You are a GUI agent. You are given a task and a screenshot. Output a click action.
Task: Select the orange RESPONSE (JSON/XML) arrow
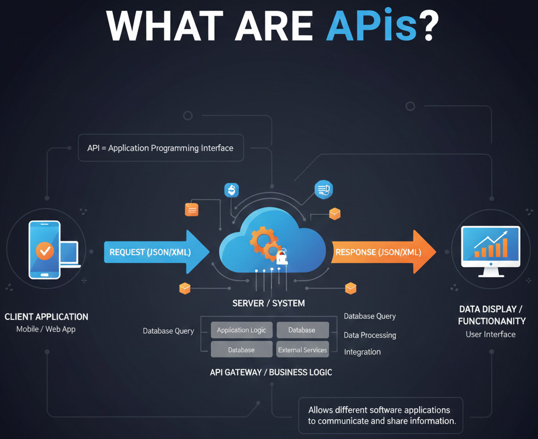tap(380, 252)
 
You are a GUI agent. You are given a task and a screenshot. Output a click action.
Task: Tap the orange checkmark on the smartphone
tap(45, 250)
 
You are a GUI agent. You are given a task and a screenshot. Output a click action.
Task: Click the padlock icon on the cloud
tap(282, 258)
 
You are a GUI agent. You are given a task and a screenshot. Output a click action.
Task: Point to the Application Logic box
tap(241, 330)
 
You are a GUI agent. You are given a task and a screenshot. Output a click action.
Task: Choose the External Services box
tap(302, 350)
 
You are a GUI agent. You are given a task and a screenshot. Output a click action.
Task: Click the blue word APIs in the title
tap(371, 26)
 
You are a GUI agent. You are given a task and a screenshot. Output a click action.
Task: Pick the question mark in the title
tap(429, 26)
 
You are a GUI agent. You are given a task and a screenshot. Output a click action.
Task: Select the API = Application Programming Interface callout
tap(160, 148)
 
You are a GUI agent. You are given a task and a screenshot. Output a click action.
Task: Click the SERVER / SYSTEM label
tap(268, 303)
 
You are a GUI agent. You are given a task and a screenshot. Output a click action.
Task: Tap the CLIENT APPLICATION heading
tap(46, 317)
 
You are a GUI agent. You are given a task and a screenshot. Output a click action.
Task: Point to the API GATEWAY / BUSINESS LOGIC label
tap(271, 372)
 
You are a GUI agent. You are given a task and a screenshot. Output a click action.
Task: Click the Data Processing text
tap(370, 335)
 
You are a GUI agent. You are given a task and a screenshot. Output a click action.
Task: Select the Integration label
tap(362, 352)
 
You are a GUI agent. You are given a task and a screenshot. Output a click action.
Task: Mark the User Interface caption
tap(490, 334)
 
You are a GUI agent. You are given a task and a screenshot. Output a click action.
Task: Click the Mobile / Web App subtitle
tap(46, 329)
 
